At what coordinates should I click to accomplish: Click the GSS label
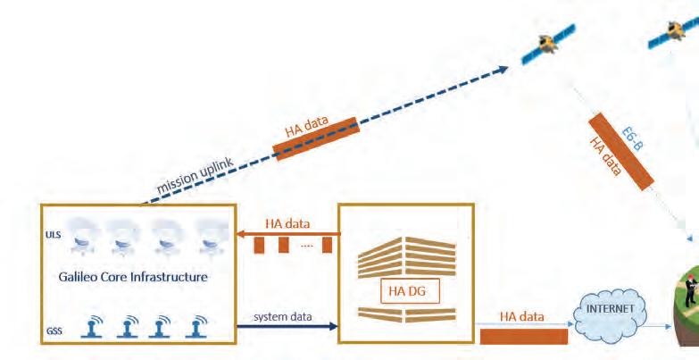[54, 331]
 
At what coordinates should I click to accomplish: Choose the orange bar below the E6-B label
[620, 152]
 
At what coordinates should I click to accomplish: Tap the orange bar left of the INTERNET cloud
[523, 336]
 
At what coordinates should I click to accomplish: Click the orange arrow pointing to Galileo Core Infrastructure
[287, 234]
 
